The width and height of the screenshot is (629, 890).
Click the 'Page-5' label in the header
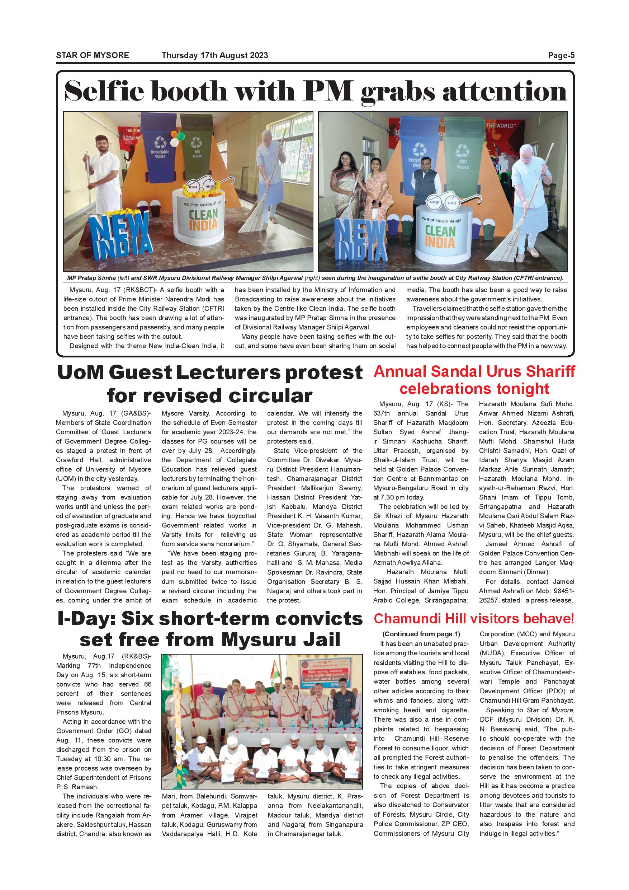coord(561,55)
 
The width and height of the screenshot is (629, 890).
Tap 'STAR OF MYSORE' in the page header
coord(93,55)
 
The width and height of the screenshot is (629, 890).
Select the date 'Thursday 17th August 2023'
coord(214,55)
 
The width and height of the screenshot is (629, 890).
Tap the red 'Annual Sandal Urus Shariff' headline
coord(474,371)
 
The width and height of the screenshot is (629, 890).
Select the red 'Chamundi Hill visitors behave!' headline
coord(474,619)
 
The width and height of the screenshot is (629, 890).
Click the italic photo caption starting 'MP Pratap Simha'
coord(315,278)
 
